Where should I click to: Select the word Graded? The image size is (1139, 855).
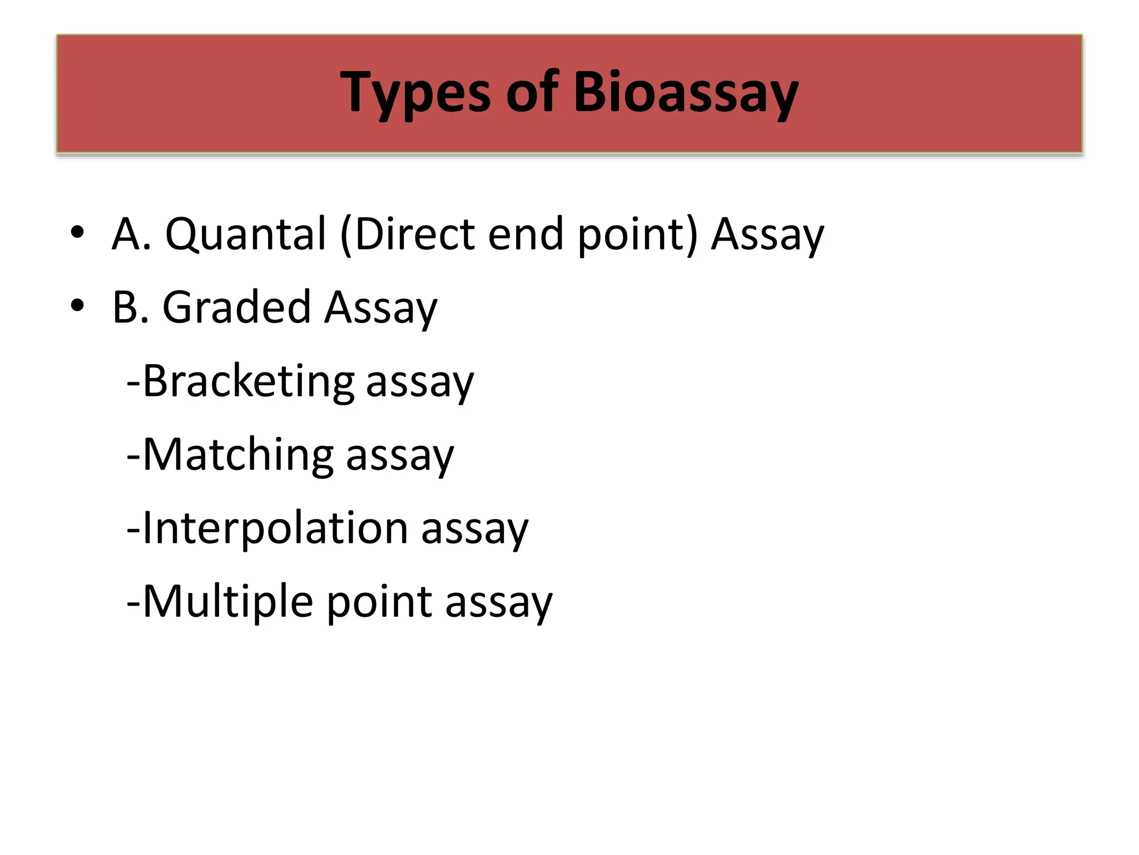pos(236,307)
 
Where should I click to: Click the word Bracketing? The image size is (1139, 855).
pos(248,382)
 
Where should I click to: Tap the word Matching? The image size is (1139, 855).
pos(238,455)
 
